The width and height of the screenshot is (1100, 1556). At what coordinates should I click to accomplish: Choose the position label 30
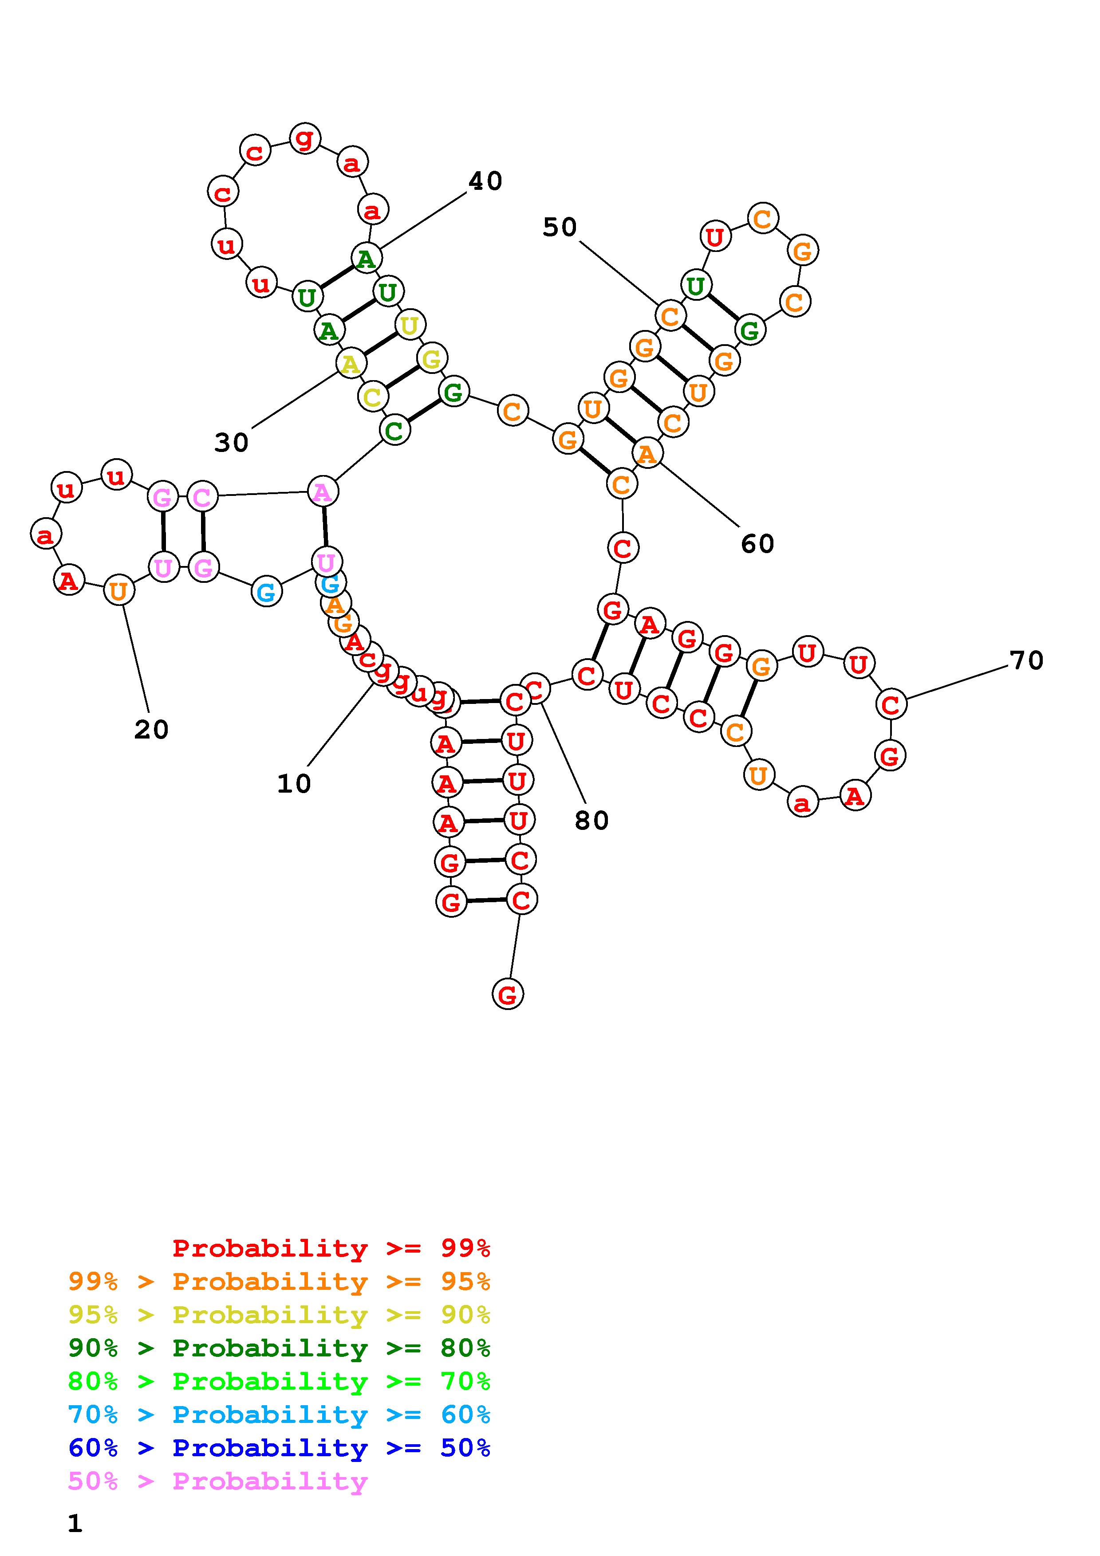231,443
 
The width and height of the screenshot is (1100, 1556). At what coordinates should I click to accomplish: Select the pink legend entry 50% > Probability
217,1481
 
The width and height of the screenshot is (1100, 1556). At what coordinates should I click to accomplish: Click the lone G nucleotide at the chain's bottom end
508,995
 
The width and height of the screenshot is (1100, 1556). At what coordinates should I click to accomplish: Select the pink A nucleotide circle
323,492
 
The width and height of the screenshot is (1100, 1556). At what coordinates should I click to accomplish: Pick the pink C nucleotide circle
202,497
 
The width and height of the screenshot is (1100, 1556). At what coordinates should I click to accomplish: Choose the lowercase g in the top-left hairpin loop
304,138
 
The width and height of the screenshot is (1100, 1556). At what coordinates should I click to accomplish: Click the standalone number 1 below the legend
75,1524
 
